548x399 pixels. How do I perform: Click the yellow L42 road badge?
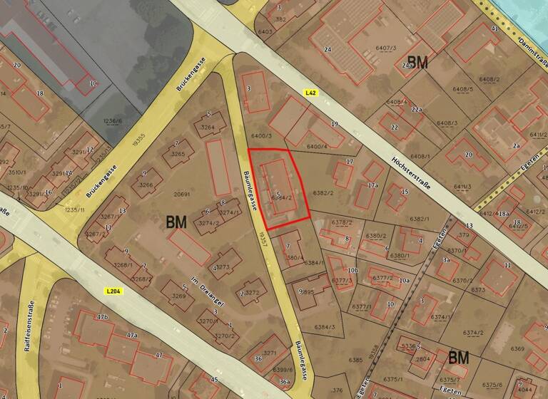[x=310, y=93]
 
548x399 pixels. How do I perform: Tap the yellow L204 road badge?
[x=111, y=291]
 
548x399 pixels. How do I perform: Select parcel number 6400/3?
[x=263, y=135]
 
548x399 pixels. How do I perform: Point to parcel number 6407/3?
[x=385, y=48]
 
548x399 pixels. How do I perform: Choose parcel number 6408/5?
[x=462, y=90]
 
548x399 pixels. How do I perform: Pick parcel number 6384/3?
[x=323, y=327]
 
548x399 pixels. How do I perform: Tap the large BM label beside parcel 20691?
[x=176, y=222]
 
